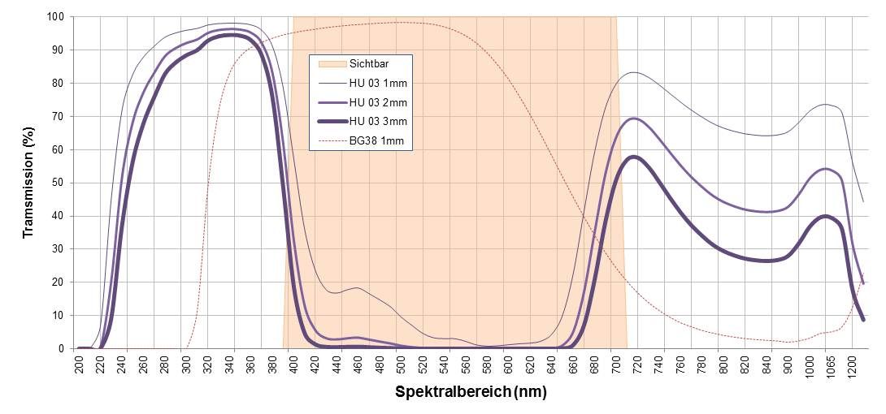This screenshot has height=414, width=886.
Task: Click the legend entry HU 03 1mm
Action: pos(378,83)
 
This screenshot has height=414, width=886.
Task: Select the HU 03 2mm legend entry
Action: pos(378,102)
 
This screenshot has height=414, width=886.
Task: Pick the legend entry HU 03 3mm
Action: pos(378,122)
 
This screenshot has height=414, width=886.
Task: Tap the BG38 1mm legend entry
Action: pos(376,141)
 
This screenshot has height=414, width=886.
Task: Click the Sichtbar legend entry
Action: pos(369,63)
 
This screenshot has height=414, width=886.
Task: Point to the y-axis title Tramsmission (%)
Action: pos(28,182)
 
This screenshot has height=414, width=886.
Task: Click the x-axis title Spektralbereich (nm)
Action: pos(471,392)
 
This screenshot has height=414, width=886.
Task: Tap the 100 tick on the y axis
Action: pos(56,16)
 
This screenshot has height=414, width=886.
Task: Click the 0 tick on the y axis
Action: pos(62,348)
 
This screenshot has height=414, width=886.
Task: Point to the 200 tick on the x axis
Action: pos(80,363)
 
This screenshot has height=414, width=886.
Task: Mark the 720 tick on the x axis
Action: pos(637,363)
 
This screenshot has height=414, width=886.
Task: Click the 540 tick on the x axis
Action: pos(445,363)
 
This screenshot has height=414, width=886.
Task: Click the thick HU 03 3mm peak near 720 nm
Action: pos(633,157)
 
